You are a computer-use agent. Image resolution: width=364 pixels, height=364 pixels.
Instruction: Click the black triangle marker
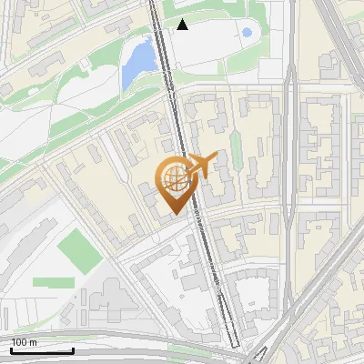pyautogui.click(x=183, y=25)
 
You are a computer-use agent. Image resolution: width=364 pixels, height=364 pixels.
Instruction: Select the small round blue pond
pyautogui.click(x=247, y=33)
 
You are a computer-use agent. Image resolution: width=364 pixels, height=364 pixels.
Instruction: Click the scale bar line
pyautogui.click(x=42, y=350)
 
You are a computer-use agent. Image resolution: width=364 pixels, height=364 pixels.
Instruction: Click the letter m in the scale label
pyautogui.click(x=33, y=342)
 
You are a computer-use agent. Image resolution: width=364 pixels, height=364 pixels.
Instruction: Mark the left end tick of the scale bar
pyautogui.click(x=11, y=349)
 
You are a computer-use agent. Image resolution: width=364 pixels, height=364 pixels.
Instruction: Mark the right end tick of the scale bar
pyautogui.click(x=73, y=349)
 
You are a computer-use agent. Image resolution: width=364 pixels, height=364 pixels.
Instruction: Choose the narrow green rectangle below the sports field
pyautogui.click(x=53, y=282)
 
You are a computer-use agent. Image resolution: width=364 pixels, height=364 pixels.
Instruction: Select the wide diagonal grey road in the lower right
pyautogui.click(x=318, y=273)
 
